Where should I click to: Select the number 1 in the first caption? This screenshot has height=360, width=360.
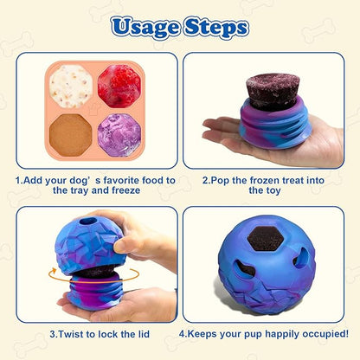click(x=19, y=181)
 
